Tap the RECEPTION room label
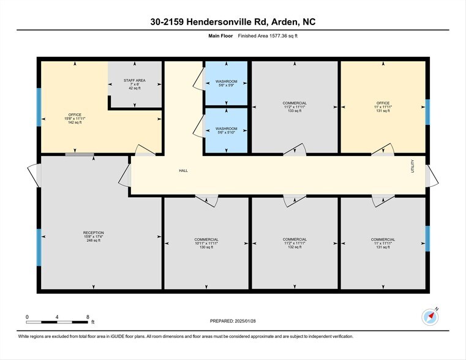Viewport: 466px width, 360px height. point(94,236)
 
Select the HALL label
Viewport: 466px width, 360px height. point(183,171)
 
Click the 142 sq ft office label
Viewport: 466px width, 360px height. point(75,118)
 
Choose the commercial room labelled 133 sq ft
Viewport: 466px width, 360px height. point(295,107)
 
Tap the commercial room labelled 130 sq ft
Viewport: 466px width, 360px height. point(206,243)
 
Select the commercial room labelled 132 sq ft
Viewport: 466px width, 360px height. point(295,243)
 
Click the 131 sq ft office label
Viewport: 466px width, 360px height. point(383,107)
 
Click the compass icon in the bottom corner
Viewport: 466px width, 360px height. point(430,317)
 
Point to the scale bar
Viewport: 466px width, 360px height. point(58,321)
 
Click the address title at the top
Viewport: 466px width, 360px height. point(233,22)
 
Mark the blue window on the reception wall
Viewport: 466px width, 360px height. point(39,247)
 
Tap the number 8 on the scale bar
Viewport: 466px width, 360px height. point(88,317)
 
